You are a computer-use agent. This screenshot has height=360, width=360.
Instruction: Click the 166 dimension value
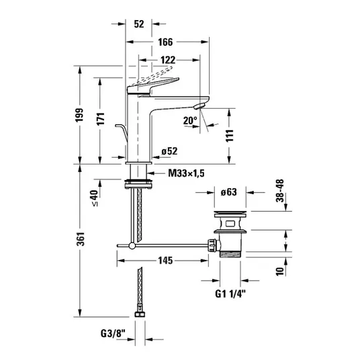pos(165,42)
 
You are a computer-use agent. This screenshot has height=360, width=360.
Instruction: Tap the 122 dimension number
pos(168,60)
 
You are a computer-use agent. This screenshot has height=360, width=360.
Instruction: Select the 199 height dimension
pos(80,115)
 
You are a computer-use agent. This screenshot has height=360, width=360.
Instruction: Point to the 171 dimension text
pos(101,119)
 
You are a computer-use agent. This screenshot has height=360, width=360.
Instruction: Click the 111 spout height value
pos(229,136)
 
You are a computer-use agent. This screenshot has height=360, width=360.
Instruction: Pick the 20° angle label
pos(190,120)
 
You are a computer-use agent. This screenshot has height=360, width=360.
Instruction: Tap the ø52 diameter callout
pos(169,151)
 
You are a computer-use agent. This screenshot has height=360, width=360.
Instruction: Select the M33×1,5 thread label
pos(186,173)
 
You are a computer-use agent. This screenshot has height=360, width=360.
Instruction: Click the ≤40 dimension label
pos(95,197)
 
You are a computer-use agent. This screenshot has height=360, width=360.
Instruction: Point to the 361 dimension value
pos(81,239)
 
